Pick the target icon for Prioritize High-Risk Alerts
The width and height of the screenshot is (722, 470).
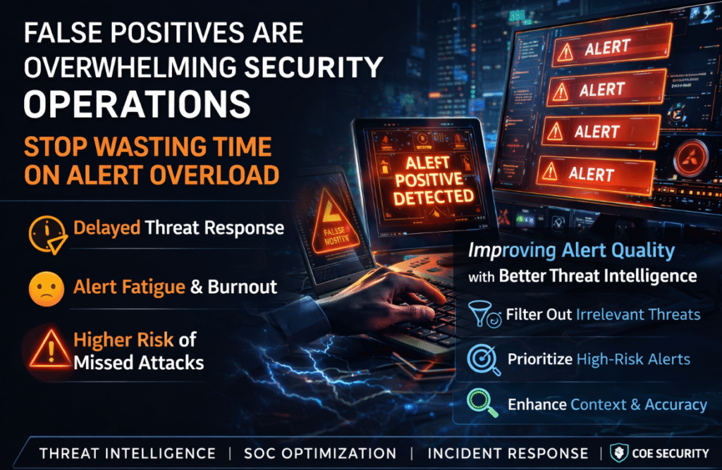coord(482,359)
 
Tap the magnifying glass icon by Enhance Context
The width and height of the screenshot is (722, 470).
coord(482,404)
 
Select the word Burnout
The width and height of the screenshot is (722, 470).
coord(242,287)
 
